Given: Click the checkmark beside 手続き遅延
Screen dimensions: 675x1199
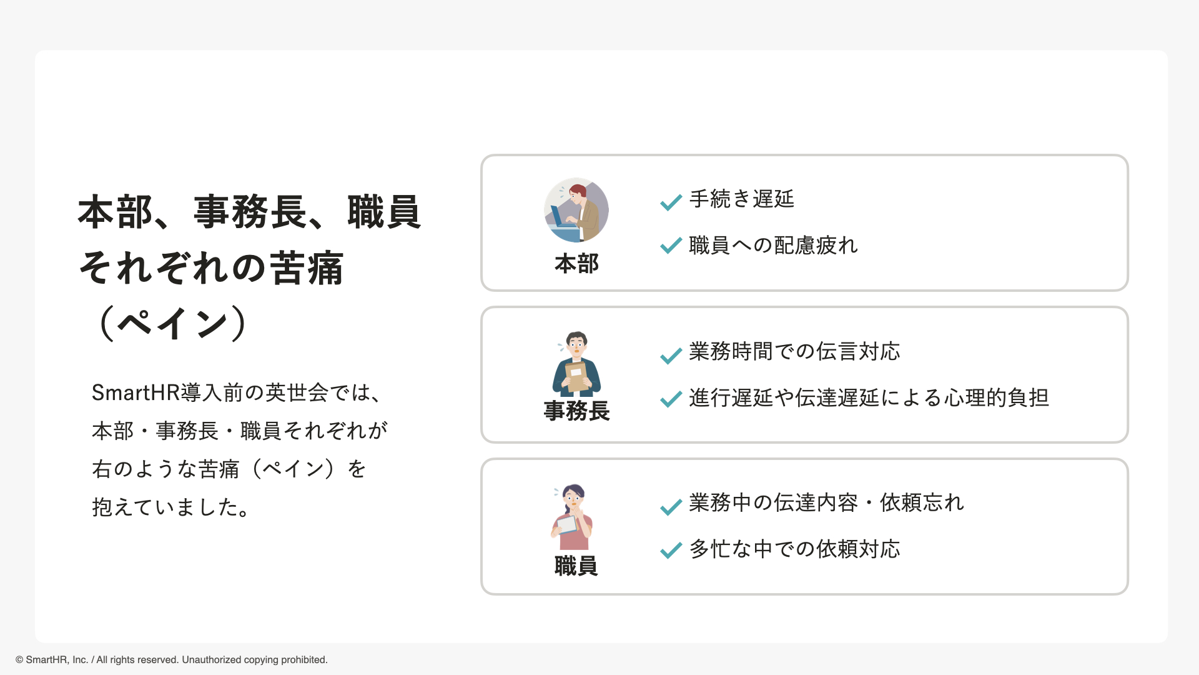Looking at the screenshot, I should pyautogui.click(x=671, y=202).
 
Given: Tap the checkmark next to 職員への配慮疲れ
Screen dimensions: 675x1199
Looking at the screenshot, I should pyautogui.click(x=671, y=246).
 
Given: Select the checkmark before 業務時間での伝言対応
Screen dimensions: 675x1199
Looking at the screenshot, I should pyautogui.click(x=671, y=355).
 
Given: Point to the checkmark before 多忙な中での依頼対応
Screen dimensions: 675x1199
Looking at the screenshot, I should pyautogui.click(x=671, y=550).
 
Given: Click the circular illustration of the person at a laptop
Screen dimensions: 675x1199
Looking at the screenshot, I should pyautogui.click(x=576, y=210).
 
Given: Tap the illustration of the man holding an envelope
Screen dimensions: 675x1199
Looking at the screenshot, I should pyautogui.click(x=576, y=364).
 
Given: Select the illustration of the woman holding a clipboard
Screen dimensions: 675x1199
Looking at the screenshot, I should pyautogui.click(x=572, y=516).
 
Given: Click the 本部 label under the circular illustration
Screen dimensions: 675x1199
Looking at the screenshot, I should pyautogui.click(x=576, y=264).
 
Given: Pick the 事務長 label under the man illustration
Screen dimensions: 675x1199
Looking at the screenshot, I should pyautogui.click(x=576, y=411).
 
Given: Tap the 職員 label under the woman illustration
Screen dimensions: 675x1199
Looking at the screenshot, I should pyautogui.click(x=576, y=566).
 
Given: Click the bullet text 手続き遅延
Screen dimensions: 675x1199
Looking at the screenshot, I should pyautogui.click(x=741, y=199).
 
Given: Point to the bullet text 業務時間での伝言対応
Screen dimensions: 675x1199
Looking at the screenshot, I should pyautogui.click(x=794, y=352).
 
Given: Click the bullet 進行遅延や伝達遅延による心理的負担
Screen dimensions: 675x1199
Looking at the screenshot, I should pyautogui.click(x=869, y=398).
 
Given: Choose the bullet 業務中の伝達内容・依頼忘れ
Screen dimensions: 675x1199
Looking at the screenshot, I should pyautogui.click(x=826, y=503).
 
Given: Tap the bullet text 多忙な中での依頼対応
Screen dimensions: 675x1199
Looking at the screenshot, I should pyautogui.click(x=794, y=549).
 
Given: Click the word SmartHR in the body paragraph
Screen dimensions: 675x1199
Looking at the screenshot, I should pyautogui.click(x=136, y=393).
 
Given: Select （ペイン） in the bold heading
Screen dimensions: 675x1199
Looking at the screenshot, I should pyautogui.click(x=172, y=323).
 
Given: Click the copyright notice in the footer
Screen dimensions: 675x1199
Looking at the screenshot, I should pyautogui.click(x=171, y=660).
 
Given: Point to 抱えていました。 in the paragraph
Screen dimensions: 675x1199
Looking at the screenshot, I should pyautogui.click(x=171, y=507).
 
